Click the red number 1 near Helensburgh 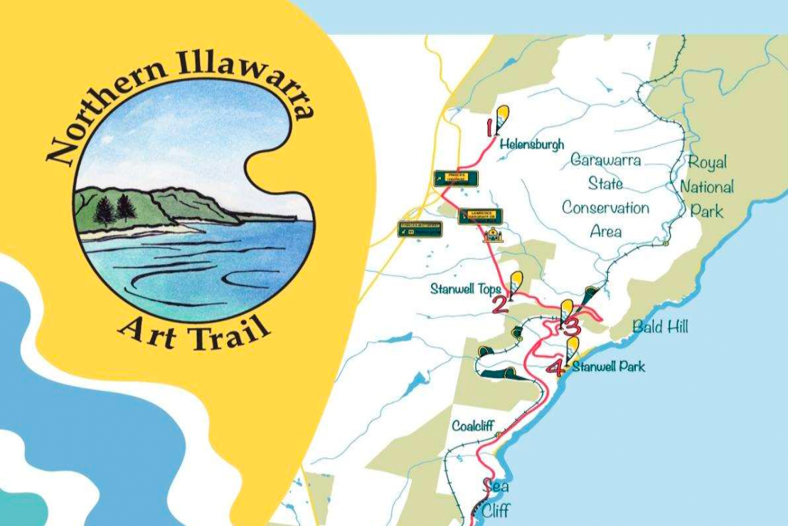coord(489,128)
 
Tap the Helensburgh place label coord(531,144)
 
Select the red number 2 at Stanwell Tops coord(499,305)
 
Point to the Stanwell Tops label coord(465,289)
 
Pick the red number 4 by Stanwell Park coord(555,367)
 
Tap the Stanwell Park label coord(609,367)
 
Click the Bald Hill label coord(660,327)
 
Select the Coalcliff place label coord(473,426)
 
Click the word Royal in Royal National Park coord(707,162)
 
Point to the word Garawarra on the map coord(605,160)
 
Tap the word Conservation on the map coord(605,208)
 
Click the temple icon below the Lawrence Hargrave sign coord(492,235)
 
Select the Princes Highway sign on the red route coord(456,179)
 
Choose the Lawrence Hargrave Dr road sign coord(480,216)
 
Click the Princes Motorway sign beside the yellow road coord(420,229)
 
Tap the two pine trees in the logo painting coord(115,209)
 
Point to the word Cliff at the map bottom coord(495,510)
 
